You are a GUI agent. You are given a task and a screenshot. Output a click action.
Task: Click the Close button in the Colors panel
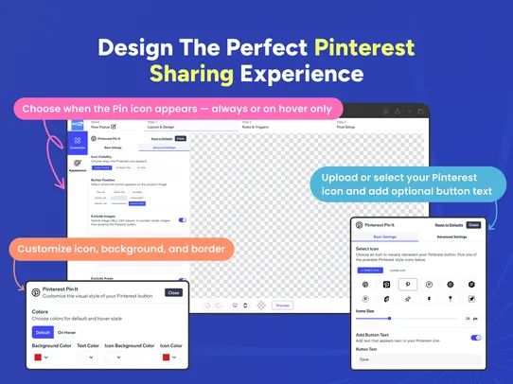pos(173,292)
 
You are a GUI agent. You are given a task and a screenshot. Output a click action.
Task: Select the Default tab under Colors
pos(43,332)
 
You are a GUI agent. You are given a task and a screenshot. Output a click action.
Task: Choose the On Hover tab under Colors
pos(67,332)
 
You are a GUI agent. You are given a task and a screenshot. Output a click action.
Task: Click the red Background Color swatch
pos(38,358)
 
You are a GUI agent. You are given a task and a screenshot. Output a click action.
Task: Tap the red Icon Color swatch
pos(166,358)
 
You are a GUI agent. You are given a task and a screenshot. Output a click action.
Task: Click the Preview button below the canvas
pos(281,305)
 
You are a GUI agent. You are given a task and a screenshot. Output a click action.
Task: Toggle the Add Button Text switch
pos(475,337)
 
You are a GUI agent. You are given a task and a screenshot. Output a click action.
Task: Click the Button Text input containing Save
pos(416,359)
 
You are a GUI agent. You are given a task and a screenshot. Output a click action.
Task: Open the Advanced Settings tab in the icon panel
pos(451,236)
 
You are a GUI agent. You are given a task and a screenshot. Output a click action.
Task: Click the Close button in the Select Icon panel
pos(473,225)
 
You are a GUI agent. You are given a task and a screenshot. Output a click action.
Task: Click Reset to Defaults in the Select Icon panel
pos(448,225)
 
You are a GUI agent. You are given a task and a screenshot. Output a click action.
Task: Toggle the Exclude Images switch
pos(182,219)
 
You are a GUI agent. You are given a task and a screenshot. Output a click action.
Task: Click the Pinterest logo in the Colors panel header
pos(35,292)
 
